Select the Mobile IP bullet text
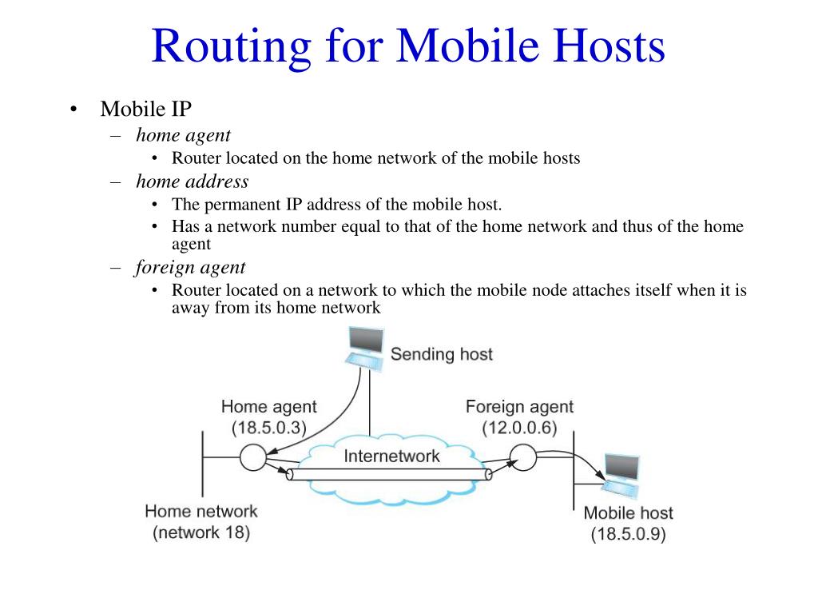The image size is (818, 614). (x=146, y=109)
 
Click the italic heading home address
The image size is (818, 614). (x=192, y=181)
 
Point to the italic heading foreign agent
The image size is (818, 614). (x=190, y=267)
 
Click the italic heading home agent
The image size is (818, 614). (x=183, y=135)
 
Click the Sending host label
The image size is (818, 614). (x=441, y=353)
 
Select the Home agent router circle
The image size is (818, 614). (x=252, y=457)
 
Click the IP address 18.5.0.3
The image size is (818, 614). (x=269, y=428)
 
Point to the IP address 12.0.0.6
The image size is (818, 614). (x=519, y=428)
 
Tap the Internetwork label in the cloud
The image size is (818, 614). (x=391, y=457)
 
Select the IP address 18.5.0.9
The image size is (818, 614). (x=628, y=535)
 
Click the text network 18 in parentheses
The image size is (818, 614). (x=201, y=532)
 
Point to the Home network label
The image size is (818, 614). (x=201, y=511)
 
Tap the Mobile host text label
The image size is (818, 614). (x=628, y=513)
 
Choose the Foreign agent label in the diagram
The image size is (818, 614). (x=519, y=407)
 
